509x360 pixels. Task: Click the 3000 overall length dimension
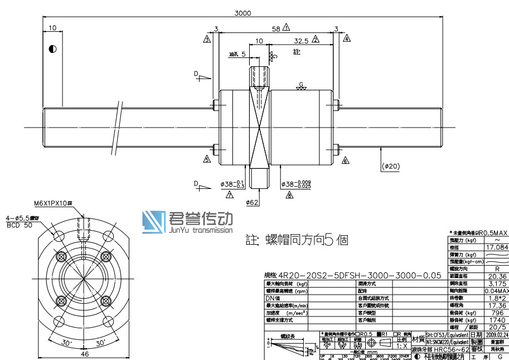244,13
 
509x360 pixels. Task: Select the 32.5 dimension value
301,41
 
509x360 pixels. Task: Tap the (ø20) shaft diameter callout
391,166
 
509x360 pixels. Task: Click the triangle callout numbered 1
287,27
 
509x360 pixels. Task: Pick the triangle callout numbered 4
347,38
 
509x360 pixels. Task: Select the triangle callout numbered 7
229,194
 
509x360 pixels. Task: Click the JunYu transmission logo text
200,230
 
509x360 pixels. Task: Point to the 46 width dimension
85,354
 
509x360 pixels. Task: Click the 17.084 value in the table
497,247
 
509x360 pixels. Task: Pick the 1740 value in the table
497,320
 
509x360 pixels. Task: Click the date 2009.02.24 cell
497,335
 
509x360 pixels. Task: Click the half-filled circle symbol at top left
52,49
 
